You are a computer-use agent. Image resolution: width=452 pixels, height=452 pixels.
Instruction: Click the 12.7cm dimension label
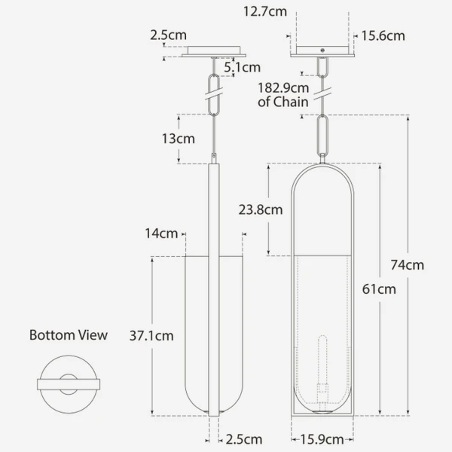tap(265, 12)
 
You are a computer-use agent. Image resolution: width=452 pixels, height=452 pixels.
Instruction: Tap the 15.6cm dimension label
tap(383, 36)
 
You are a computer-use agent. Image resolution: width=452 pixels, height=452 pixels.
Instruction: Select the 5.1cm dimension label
tap(243, 68)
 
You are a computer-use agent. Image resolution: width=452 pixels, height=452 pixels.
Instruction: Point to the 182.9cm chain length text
tap(283, 88)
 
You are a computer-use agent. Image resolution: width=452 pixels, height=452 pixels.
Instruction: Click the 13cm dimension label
tap(178, 139)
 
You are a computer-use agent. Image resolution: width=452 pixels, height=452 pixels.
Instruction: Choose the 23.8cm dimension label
tap(261, 210)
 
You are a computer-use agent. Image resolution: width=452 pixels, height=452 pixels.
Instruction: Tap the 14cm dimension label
tap(161, 234)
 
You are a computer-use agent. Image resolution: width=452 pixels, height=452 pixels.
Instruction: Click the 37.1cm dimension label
tap(151, 336)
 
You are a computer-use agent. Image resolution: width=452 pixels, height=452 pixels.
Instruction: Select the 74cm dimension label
tap(408, 265)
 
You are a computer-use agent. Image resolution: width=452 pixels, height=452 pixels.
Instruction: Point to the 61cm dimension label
tap(379, 289)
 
